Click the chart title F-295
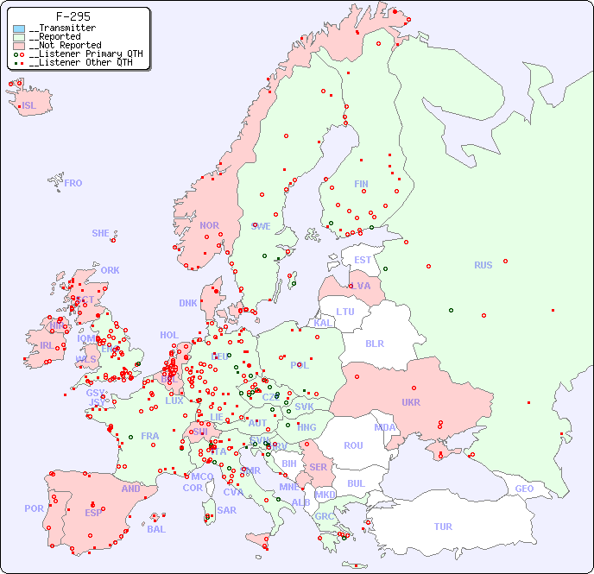pyautogui.click(x=73, y=16)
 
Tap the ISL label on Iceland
pyautogui.click(x=29, y=106)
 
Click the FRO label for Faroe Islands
pyautogui.click(x=73, y=183)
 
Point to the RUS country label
pyautogui.click(x=483, y=265)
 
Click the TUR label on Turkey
pyautogui.click(x=443, y=527)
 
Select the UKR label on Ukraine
pyautogui.click(x=410, y=402)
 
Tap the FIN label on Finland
pyautogui.click(x=361, y=184)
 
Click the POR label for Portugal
pyautogui.click(x=34, y=508)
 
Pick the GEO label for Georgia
pyautogui.click(x=524, y=489)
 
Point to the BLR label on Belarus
pyautogui.click(x=374, y=343)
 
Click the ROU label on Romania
pyautogui.click(x=353, y=445)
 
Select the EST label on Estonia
pyautogui.click(x=363, y=260)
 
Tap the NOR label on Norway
pyautogui.click(x=209, y=225)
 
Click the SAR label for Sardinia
pyautogui.click(x=227, y=510)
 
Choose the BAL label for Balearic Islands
pyautogui.click(x=156, y=529)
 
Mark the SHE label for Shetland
pyautogui.click(x=101, y=233)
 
